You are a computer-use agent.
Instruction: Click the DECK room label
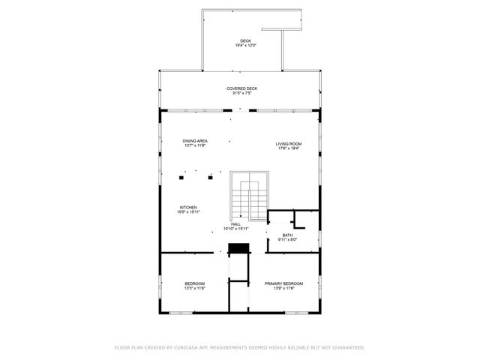coord(245,40)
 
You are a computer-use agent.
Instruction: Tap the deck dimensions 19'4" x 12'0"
coord(245,46)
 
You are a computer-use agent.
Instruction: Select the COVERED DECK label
coord(241,88)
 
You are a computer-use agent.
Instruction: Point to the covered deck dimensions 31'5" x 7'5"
coord(241,94)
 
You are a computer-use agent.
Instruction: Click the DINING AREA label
coord(195,141)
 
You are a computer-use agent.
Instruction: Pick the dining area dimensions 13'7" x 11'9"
coord(195,145)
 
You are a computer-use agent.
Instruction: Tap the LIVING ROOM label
coord(289,143)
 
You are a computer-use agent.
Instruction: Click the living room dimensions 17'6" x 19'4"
coord(289,148)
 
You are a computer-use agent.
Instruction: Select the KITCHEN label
coord(187,207)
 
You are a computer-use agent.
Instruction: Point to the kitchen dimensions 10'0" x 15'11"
coord(187,212)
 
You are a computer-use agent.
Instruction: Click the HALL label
coord(235,223)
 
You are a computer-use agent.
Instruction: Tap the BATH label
coord(288,235)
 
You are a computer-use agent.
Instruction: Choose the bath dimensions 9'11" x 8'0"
coord(288,240)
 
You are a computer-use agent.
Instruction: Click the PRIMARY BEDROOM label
coord(283,283)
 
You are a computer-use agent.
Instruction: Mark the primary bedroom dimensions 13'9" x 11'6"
coord(283,288)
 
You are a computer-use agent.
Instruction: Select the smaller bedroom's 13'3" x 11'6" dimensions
coord(195,288)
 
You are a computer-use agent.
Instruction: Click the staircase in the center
coord(248,196)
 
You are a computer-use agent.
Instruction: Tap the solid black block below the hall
coord(238,249)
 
